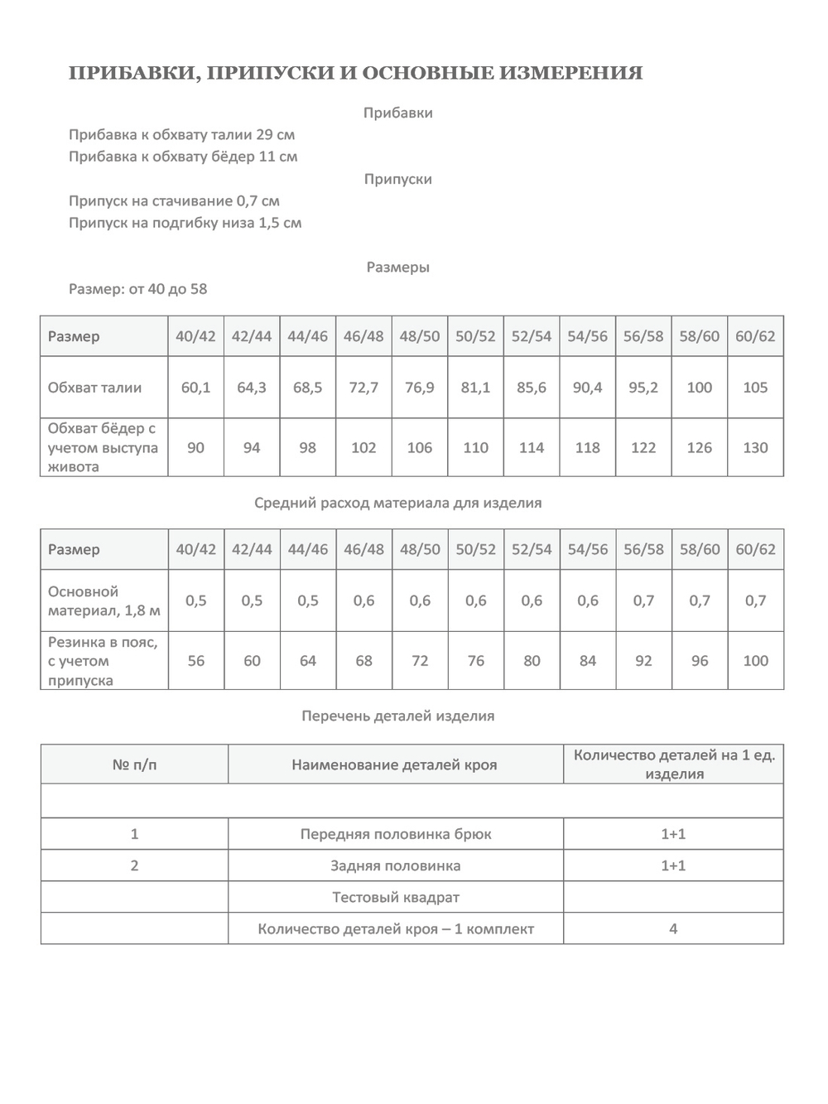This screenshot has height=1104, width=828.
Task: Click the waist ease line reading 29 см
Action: click(181, 134)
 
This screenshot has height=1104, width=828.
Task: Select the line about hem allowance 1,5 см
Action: click(185, 223)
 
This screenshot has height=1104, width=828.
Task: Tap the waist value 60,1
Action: click(195, 388)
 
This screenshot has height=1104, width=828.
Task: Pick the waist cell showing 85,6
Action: click(532, 388)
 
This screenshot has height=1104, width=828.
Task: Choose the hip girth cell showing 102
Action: click(363, 448)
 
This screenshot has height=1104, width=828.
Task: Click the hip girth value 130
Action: click(755, 448)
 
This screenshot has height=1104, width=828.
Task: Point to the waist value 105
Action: click(755, 388)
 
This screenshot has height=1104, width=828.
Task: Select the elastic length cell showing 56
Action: click(195, 661)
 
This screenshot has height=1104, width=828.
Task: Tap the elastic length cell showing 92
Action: click(643, 661)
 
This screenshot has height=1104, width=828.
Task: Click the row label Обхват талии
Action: click(94, 388)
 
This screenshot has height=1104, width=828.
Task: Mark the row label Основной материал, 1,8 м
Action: click(103, 601)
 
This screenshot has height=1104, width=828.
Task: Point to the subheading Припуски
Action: click(398, 179)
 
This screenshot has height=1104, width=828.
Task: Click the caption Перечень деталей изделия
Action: click(398, 716)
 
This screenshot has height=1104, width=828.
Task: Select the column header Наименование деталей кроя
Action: click(394, 765)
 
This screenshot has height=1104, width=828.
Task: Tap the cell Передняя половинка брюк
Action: click(396, 834)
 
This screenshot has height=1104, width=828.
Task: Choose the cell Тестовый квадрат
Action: click(396, 897)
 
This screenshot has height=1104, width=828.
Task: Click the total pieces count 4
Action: click(673, 929)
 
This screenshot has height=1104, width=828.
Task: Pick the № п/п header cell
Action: click(134, 765)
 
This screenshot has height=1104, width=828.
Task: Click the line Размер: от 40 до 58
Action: click(138, 289)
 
